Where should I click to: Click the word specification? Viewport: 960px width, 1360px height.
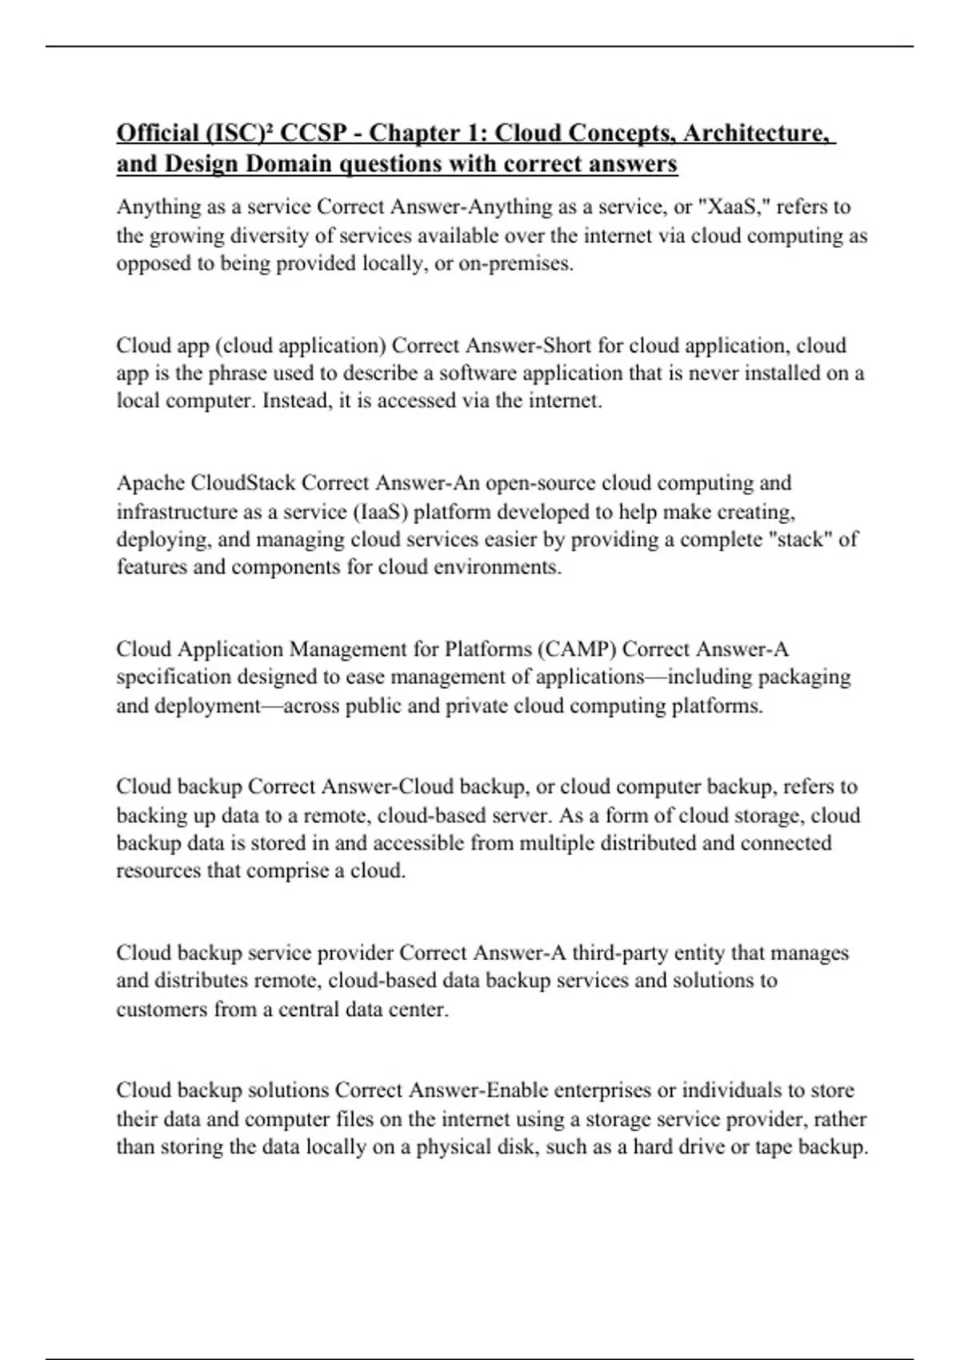point(170,678)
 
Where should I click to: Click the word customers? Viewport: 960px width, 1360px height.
point(162,1010)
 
